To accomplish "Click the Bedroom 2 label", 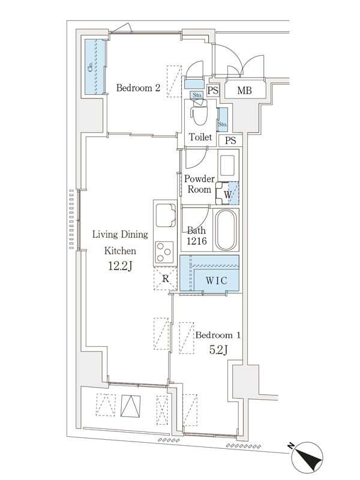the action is (138, 88).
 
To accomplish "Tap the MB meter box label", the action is (244, 91).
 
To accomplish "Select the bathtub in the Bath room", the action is (226, 230).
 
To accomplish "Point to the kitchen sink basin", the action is (166, 215).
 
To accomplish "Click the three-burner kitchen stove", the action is (164, 252).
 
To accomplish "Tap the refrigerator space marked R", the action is (166, 278).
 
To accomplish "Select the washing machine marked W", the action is (227, 194).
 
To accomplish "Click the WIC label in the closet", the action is (216, 280).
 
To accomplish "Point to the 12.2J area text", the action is (120, 266).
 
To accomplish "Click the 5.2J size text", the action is (218, 349).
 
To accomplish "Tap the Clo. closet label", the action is (91, 67).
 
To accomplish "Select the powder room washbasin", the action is (227, 166).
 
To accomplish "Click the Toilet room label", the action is (200, 137).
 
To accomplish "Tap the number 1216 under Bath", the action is (197, 241).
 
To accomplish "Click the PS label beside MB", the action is (213, 91).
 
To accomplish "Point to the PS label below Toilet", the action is (230, 140).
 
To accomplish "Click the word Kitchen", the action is (120, 251).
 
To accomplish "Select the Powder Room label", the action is (199, 184).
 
